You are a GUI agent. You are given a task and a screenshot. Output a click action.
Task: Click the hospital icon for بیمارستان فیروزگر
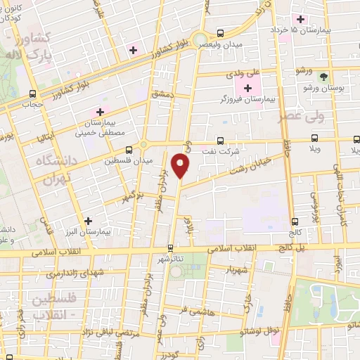coord(247,88)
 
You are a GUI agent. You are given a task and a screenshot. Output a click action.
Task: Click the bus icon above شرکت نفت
coord(221,140)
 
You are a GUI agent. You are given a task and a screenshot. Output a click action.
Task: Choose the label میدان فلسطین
coord(124,161)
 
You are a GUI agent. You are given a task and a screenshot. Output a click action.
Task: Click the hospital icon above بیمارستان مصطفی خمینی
coord(101,112)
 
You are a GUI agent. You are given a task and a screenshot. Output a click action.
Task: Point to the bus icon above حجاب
coord(33,94)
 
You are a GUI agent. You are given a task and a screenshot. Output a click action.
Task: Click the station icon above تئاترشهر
coord(170,247)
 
